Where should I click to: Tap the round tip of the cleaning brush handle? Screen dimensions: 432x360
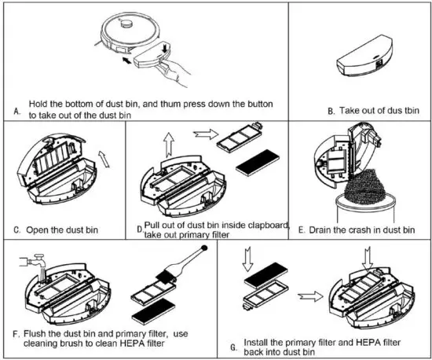coord(204,248)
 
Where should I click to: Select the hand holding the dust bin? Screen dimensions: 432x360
coord(174,72)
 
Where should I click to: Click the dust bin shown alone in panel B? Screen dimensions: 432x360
coord(364,57)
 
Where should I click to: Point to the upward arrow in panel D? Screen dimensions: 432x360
coord(169,145)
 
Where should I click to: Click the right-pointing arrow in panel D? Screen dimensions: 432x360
coord(206,134)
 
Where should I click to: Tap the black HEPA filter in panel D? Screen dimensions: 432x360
coord(258,163)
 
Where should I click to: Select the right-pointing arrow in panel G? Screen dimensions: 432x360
coord(310,296)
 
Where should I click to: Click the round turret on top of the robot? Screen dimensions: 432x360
coord(126,24)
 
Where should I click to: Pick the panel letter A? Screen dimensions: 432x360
coord(17,112)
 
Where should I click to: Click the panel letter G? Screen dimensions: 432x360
coord(233,347)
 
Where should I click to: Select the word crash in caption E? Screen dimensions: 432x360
coord(368,230)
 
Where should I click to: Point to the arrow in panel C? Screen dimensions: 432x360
coord(104,159)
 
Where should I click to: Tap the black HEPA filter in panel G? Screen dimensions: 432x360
coord(266,274)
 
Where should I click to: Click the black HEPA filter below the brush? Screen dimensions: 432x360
coord(154,311)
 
